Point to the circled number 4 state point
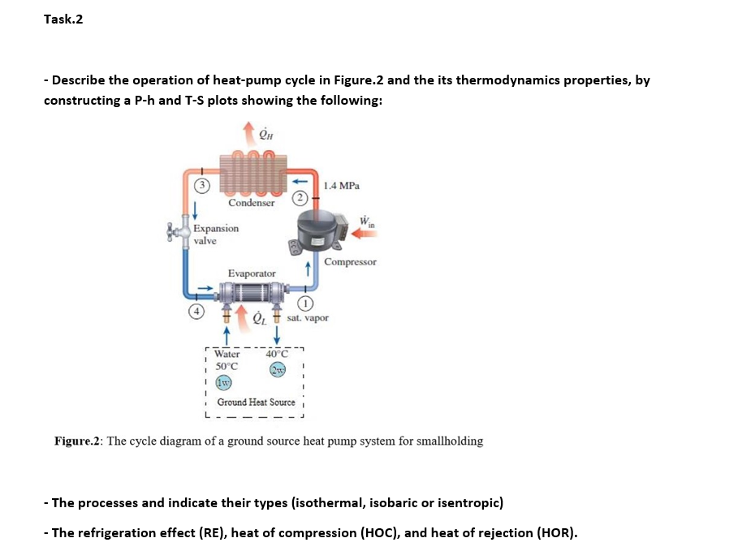pyautogui.click(x=195, y=310)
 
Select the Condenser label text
pyautogui.click(x=251, y=203)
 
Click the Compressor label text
pyautogui.click(x=350, y=262)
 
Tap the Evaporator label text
pyautogui.click(x=251, y=274)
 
